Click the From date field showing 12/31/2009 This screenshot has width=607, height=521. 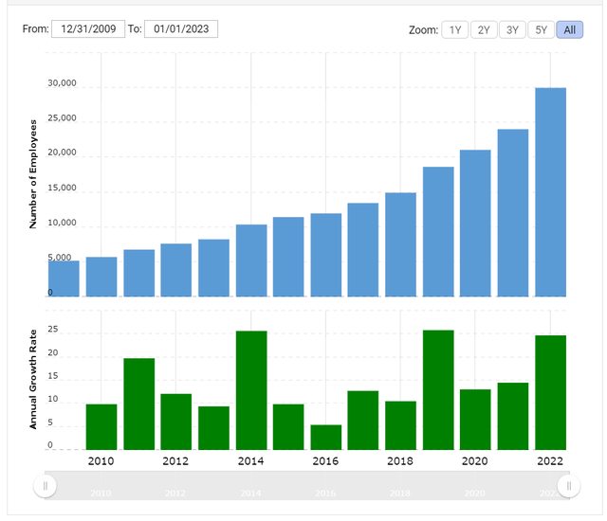click(x=87, y=28)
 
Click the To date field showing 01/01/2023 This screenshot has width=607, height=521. click(x=181, y=28)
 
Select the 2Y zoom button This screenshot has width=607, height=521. click(x=484, y=29)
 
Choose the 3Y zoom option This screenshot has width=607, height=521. click(x=512, y=29)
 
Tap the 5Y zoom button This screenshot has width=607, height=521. click(x=541, y=29)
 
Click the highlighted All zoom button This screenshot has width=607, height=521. click(x=570, y=29)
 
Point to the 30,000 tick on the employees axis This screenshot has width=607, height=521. click(x=62, y=83)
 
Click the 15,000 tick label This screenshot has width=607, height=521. click(x=62, y=188)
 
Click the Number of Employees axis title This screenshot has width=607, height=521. click(x=33, y=174)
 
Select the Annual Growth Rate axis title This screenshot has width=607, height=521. click(x=33, y=379)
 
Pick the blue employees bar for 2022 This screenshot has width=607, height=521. click(x=551, y=191)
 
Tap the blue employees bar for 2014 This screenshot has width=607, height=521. click(x=251, y=260)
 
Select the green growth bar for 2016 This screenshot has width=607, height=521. click(x=326, y=437)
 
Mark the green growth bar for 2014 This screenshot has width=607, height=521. click(x=251, y=390)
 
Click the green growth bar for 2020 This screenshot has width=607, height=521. click(x=475, y=419)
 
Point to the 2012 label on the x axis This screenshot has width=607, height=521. click(x=175, y=461)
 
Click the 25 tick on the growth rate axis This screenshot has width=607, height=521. click(x=53, y=330)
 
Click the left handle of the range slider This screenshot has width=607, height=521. click(x=45, y=486)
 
